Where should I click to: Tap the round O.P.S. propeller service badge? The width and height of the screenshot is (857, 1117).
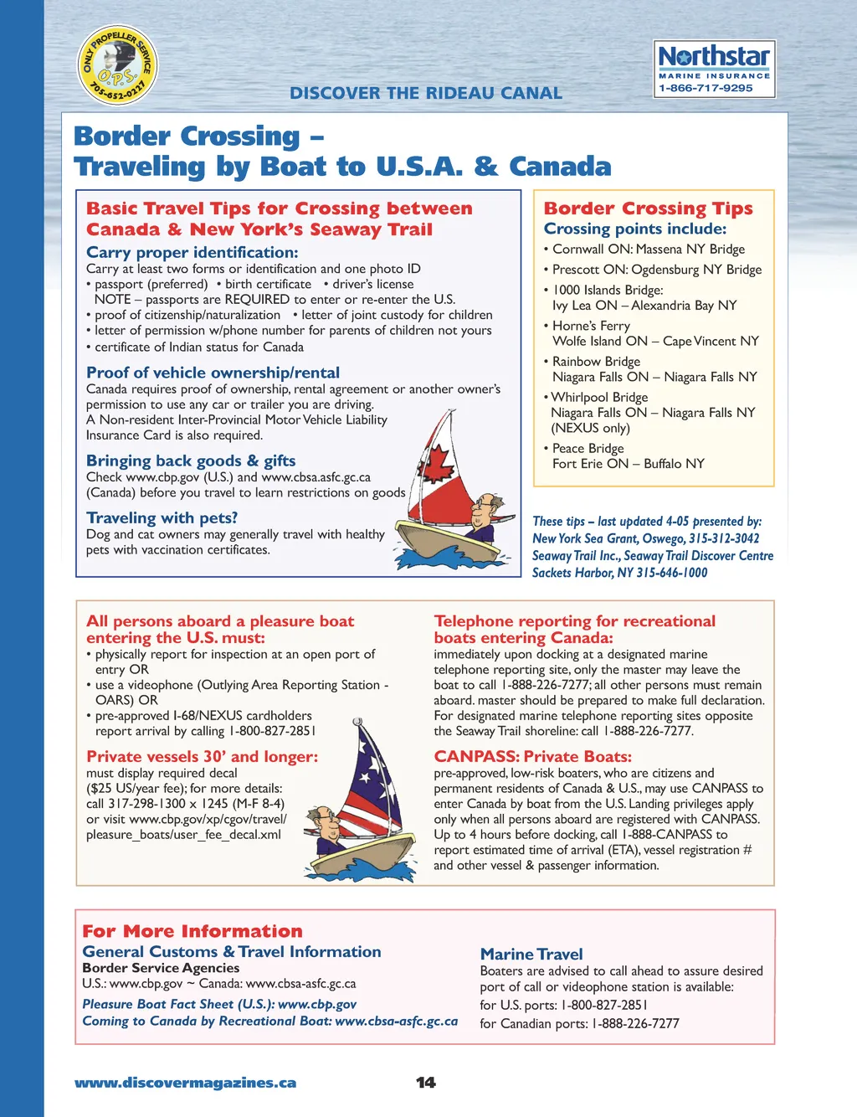point(117,65)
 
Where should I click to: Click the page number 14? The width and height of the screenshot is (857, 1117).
point(426,1083)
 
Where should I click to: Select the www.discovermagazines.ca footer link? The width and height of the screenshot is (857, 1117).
point(185,1083)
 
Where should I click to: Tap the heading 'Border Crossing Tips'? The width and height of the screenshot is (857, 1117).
point(648,208)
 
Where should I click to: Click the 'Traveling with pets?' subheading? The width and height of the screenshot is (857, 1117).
point(162,517)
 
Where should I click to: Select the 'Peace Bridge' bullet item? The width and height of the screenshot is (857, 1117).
point(588,448)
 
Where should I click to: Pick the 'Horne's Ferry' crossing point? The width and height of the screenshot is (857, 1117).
point(591,326)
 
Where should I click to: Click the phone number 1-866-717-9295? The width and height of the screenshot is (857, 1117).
point(706,88)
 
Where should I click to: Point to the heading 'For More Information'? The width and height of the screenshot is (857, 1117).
point(192,931)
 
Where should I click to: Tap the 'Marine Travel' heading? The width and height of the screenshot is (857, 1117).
point(531,954)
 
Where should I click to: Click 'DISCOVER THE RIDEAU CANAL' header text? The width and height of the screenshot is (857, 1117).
point(426,93)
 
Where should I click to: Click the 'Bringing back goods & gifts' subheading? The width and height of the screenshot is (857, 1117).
point(191,461)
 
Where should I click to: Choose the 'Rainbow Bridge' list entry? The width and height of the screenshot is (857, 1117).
point(596,361)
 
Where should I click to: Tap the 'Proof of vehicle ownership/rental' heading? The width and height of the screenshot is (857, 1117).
point(213,373)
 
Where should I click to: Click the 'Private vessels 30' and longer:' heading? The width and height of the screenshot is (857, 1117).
point(202,756)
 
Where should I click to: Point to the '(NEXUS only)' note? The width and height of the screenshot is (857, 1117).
point(590,428)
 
